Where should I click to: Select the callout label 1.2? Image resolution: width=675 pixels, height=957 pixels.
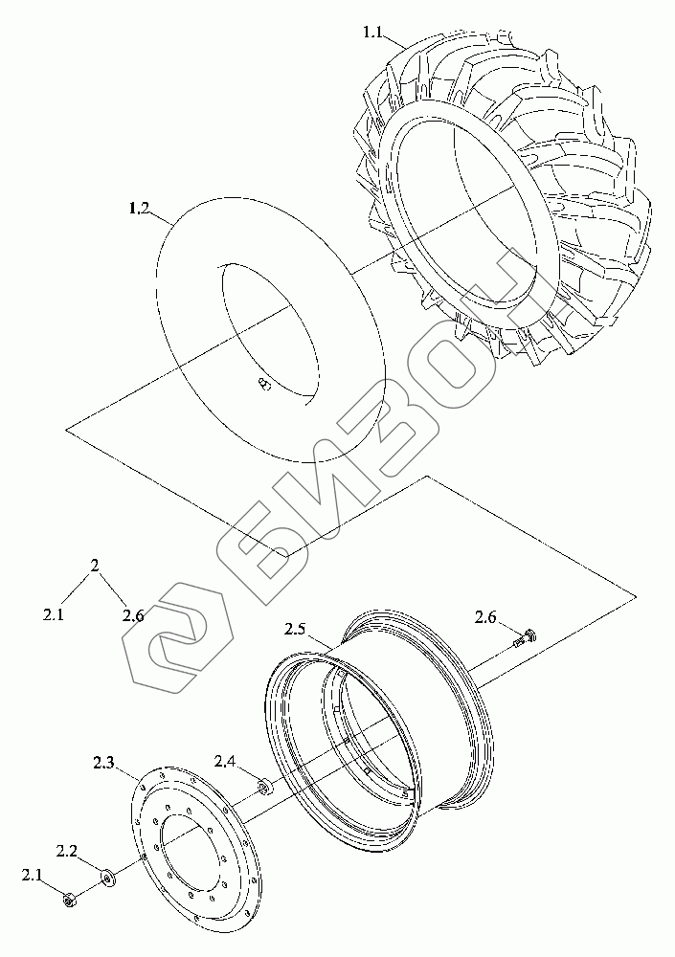pyautogui.click(x=139, y=209)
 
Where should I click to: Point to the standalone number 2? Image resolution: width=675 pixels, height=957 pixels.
pyautogui.click(x=94, y=565)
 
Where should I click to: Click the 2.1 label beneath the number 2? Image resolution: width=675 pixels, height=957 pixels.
pyautogui.click(x=54, y=615)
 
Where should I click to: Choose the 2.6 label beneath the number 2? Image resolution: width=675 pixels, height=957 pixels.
pyautogui.click(x=132, y=615)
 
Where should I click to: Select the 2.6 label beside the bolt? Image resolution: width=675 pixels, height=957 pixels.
pyautogui.click(x=485, y=617)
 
